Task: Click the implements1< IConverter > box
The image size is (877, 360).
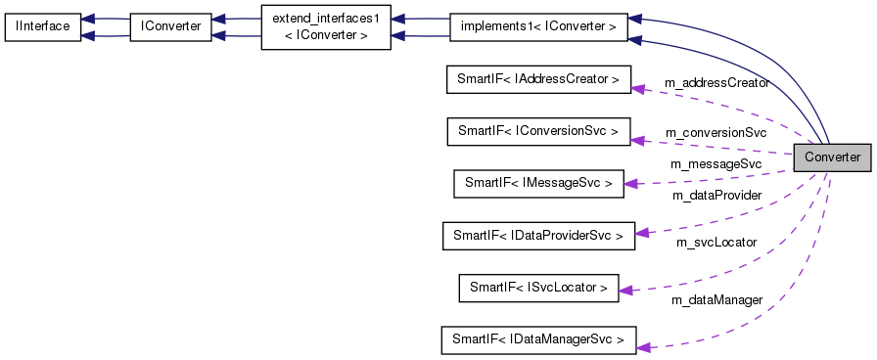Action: tap(537, 26)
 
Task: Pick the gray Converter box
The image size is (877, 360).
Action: tap(831, 157)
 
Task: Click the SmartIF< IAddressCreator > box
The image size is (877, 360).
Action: tap(537, 79)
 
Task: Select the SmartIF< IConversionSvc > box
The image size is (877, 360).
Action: tap(537, 131)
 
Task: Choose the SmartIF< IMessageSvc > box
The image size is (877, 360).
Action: tap(538, 183)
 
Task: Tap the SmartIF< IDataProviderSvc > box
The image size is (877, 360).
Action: tap(537, 235)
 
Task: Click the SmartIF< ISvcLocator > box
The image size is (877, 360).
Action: tap(538, 287)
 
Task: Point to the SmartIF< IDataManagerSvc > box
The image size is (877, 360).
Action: tap(537, 339)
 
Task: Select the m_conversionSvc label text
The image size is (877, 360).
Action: tap(715, 132)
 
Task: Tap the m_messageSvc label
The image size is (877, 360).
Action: tap(715, 163)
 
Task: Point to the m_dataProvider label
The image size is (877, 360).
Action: tap(716, 196)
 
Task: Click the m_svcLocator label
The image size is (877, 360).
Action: tap(715, 242)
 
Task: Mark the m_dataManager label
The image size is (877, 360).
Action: tap(716, 300)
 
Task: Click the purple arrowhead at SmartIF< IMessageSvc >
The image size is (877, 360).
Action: tap(631, 182)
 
